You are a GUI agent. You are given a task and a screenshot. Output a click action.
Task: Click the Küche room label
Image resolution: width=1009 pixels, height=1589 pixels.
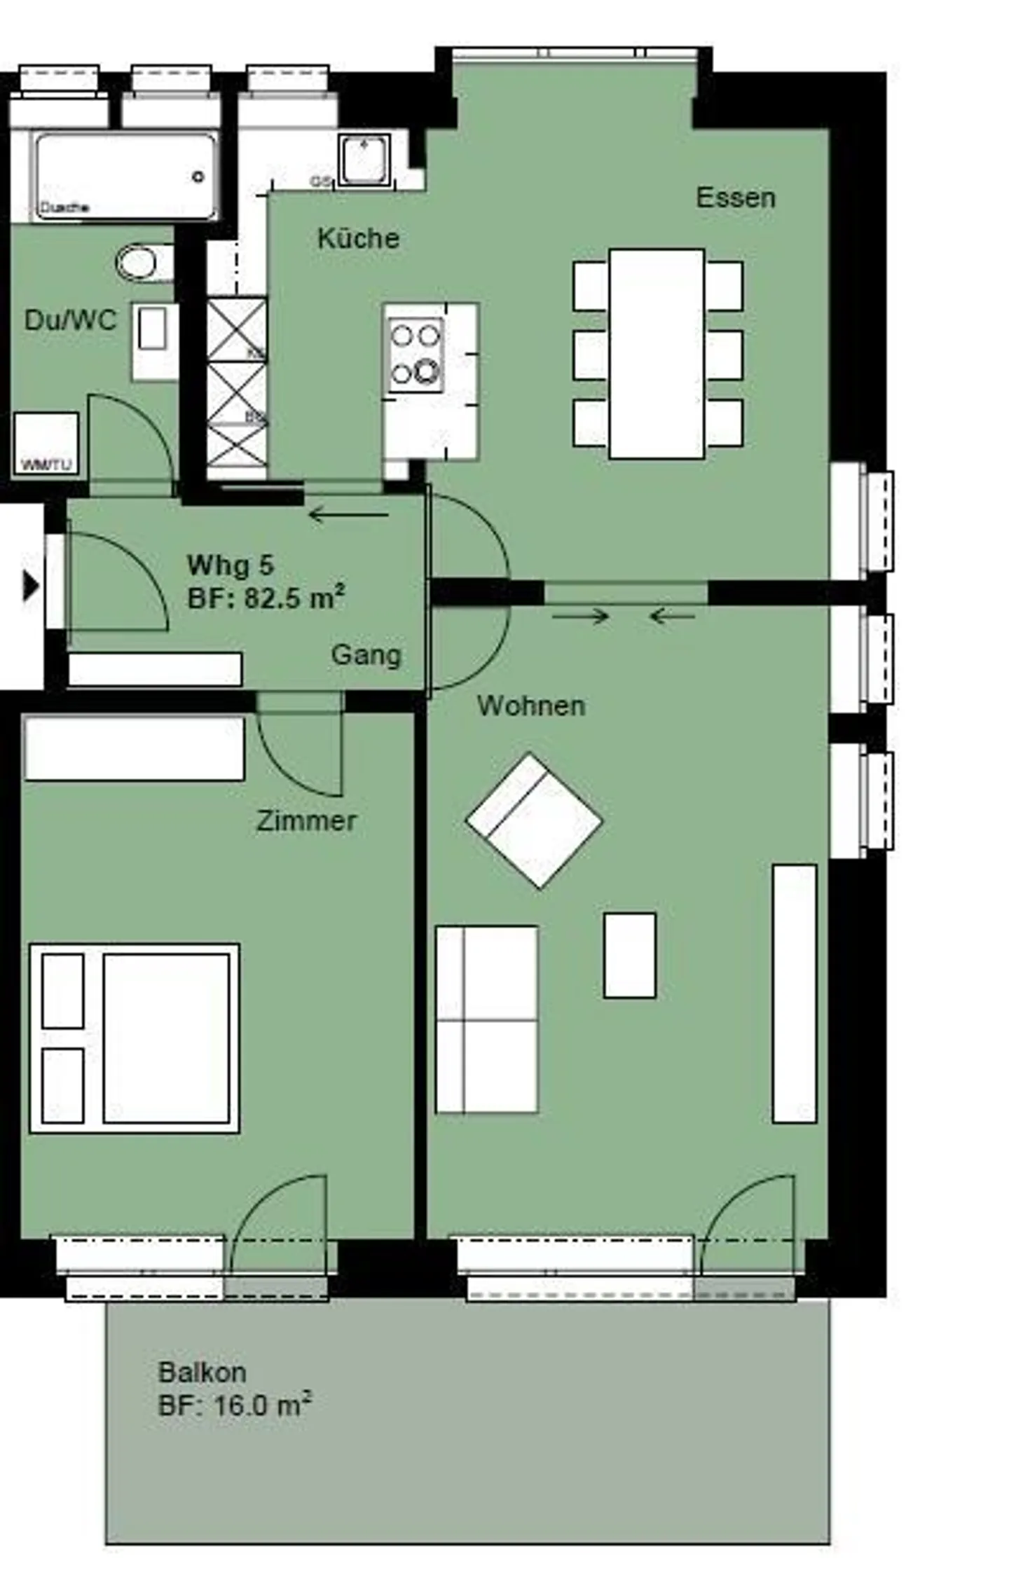point(358,238)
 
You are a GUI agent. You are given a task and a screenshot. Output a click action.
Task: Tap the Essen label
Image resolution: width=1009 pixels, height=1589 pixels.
point(735,198)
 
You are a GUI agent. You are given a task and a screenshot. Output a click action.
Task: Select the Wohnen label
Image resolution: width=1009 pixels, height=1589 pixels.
point(530,706)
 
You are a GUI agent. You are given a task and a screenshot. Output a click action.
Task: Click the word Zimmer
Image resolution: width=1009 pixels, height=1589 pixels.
point(306,820)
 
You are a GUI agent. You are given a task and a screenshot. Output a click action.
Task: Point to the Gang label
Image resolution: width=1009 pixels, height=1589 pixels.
point(366,655)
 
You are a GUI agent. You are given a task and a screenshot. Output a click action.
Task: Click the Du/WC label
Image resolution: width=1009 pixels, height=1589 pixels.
point(70,320)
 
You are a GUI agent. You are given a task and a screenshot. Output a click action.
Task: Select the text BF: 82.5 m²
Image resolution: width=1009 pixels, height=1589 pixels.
point(266,598)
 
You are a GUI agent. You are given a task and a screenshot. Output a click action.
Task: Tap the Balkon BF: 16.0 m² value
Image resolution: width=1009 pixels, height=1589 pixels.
point(234,1405)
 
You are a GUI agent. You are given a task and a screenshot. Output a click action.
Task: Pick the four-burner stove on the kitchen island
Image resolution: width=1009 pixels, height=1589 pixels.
point(416,355)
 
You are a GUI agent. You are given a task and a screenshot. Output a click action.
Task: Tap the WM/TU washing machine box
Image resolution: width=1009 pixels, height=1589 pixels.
point(46,443)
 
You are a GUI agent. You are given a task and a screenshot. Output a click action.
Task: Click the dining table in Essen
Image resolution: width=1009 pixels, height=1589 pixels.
point(657,354)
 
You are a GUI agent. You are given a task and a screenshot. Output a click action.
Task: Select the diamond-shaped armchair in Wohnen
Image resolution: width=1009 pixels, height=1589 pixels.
point(534,820)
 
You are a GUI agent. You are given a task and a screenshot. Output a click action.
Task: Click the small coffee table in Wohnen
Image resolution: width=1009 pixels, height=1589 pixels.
point(629,955)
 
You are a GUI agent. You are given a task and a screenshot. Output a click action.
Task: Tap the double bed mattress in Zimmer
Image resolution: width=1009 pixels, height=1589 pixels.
point(166,1038)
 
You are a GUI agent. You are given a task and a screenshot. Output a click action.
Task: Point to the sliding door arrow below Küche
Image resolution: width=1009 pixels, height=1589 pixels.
point(348,516)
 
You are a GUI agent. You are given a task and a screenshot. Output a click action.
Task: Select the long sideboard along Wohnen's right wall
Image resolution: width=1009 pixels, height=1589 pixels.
point(794,993)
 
